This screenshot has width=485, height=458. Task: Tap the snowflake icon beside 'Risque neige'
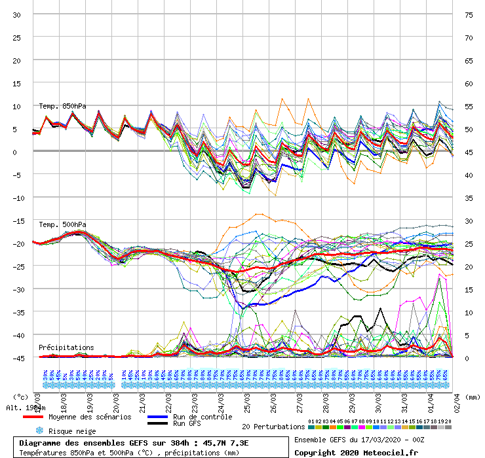[x=39, y=431]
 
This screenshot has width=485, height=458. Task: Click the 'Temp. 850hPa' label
[x=62, y=106]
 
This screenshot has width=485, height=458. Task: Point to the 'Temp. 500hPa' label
[x=62, y=224]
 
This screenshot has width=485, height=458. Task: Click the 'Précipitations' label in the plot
[x=66, y=347]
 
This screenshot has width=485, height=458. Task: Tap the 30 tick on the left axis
[x=17, y=14]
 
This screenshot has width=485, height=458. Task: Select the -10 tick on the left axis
[x=17, y=198]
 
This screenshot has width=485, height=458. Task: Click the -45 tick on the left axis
[x=17, y=358]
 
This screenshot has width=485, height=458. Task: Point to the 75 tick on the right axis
[x=469, y=14]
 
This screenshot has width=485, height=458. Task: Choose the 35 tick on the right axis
[x=469, y=198]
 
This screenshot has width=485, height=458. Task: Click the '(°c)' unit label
[x=20, y=396]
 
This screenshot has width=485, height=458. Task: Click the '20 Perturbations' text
[x=273, y=427]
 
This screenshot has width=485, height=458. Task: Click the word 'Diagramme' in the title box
[x=41, y=443]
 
